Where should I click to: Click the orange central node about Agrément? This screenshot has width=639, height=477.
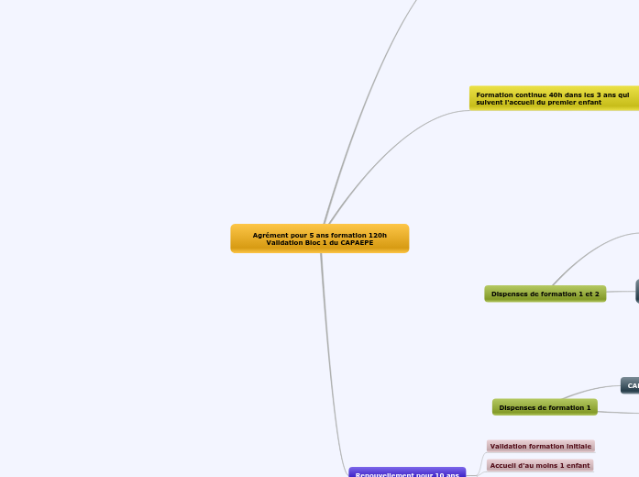[319, 238]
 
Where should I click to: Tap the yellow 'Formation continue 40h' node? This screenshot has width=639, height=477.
[553, 98]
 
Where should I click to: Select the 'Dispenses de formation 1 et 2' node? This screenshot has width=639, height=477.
[545, 294]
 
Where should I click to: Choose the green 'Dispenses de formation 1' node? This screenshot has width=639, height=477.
[545, 406]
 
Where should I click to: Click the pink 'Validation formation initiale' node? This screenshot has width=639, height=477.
[540, 446]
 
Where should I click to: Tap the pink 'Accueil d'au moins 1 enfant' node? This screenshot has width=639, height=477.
[540, 465]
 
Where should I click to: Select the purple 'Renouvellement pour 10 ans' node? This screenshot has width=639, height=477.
[407, 473]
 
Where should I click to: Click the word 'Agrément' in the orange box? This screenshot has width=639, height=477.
[270, 235]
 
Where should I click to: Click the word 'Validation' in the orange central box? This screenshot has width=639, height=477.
[282, 242]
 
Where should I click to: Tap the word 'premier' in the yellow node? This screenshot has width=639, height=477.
[561, 102]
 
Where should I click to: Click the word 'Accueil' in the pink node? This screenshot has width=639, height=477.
[503, 465]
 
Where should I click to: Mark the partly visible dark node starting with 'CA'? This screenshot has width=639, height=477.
[631, 385]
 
